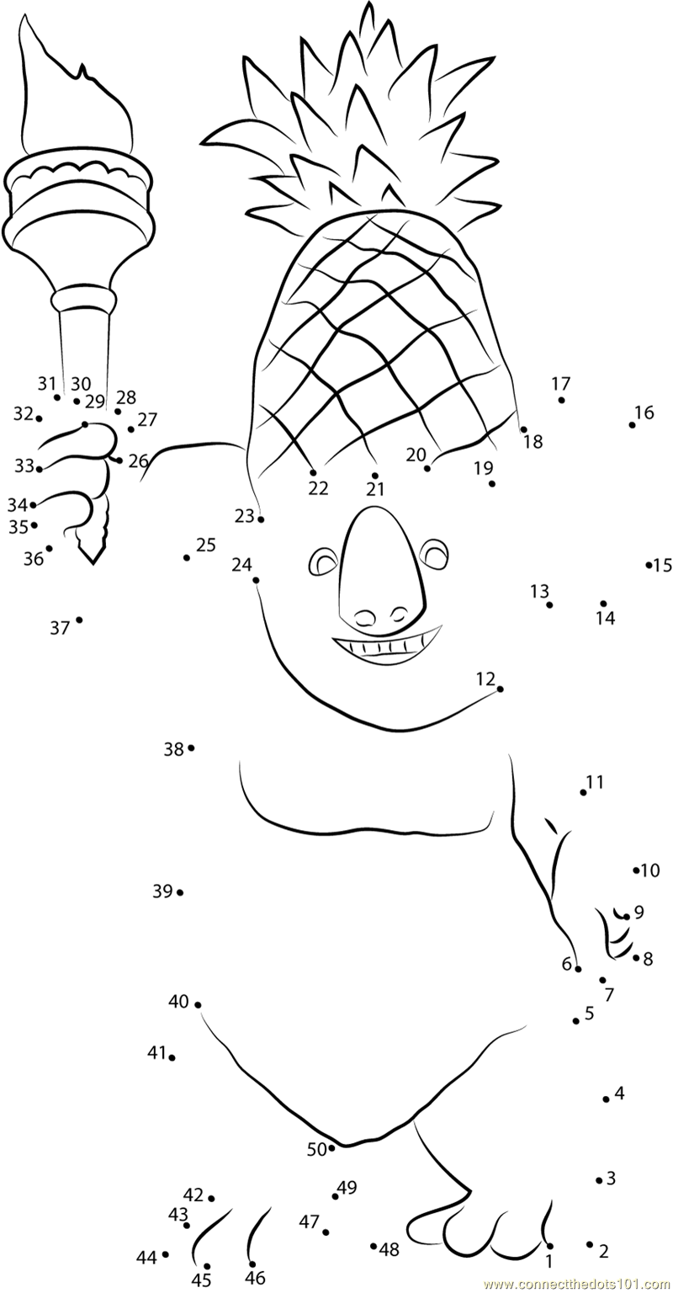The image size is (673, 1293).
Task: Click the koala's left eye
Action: tap(323, 561)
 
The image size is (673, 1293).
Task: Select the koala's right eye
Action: tap(436, 555)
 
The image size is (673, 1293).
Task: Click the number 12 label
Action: tap(485, 678)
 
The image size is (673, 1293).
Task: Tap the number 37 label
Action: tap(59, 628)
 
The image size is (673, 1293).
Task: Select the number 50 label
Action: tap(316, 1149)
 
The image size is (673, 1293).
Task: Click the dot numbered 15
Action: tap(649, 565)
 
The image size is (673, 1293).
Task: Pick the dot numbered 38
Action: tap(191, 748)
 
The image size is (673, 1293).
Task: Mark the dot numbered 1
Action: tap(549, 1246)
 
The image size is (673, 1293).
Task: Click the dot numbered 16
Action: tap(632, 424)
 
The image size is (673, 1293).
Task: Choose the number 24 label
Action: tap(241, 565)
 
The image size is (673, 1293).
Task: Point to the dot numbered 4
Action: tap(606, 1099)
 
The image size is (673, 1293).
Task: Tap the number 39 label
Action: tap(162, 891)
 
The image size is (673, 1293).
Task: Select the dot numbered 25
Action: tap(187, 557)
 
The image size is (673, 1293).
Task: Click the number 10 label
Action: tap(650, 870)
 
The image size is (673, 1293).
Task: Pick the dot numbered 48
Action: tap(374, 1246)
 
